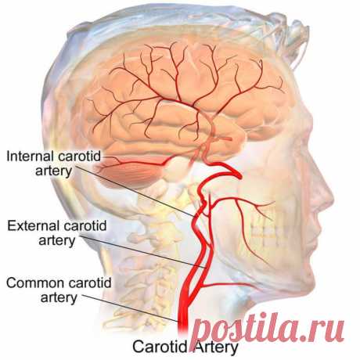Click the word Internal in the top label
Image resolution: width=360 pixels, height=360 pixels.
(31, 157)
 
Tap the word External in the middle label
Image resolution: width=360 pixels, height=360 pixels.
(32, 225)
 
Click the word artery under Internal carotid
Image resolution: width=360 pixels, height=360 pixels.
(53, 171)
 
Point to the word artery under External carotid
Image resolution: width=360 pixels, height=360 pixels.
(57, 241)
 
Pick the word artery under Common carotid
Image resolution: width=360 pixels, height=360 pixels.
(59, 298)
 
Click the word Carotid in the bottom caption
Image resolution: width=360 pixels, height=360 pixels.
(160, 347)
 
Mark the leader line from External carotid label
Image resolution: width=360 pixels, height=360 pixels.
(143, 252)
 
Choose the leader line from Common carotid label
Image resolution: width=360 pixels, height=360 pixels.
(130, 308)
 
